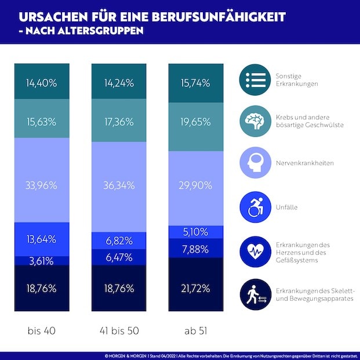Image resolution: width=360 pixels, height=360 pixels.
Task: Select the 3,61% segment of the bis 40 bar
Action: [42, 260]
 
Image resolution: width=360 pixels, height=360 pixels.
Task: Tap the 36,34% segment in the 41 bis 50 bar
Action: [118, 186]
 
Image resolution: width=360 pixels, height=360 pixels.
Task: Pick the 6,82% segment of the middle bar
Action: [118, 239]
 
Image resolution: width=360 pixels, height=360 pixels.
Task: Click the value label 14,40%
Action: [42, 83]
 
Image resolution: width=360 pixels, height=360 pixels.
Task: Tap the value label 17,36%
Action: [118, 122]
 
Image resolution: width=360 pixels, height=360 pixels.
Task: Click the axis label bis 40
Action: [42, 332]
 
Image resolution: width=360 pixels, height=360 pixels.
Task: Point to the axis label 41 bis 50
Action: [118, 332]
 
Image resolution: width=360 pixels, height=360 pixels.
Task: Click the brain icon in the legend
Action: [255, 121]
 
